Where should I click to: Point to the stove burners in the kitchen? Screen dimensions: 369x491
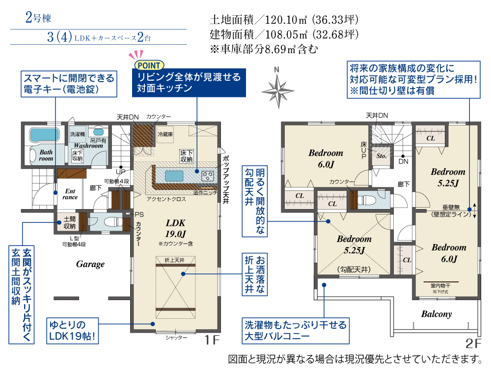[207, 175]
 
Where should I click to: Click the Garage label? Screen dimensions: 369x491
[90, 264]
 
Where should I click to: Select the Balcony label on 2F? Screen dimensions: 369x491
[436, 314]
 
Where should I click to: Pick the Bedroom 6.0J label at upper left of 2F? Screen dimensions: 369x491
[326, 158]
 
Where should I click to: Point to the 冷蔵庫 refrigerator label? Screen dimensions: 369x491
[165, 134]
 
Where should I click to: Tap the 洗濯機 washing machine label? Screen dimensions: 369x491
[77, 134]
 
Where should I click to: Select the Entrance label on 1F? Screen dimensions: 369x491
[70, 193]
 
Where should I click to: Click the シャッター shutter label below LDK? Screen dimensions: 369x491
[176, 338]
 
